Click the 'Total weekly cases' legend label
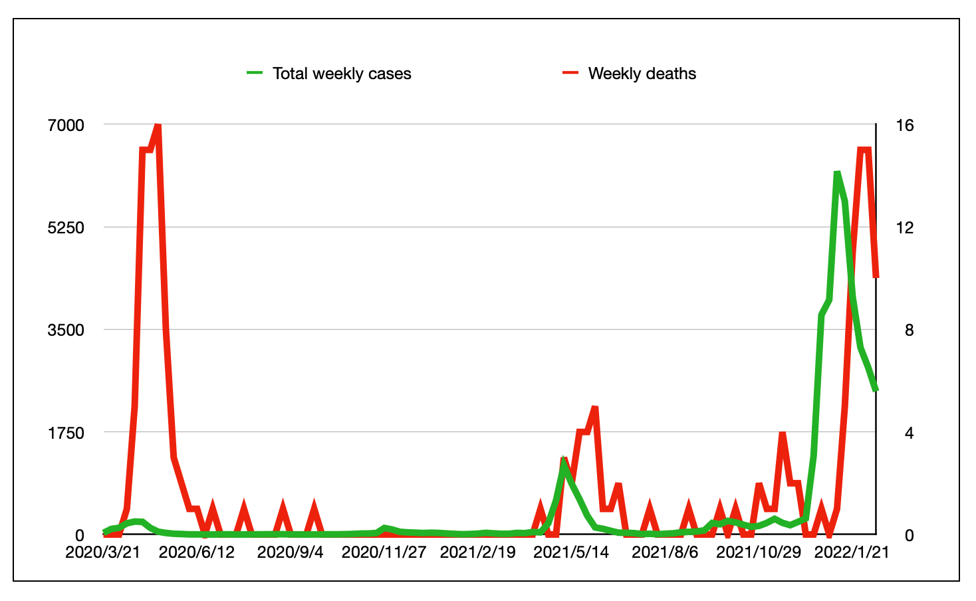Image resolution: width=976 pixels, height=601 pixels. click(x=342, y=74)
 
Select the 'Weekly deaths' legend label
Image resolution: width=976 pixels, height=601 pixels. click(x=642, y=74)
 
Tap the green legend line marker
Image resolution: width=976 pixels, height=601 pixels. click(x=255, y=73)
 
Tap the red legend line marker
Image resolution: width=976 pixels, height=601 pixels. click(x=571, y=73)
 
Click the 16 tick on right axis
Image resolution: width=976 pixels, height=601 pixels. click(x=905, y=125)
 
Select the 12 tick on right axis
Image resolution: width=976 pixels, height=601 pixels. click(x=905, y=227)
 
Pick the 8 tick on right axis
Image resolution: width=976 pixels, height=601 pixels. click(x=905, y=330)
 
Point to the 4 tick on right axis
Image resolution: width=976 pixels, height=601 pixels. click(x=905, y=433)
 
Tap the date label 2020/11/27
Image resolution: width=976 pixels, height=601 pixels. click(x=384, y=552)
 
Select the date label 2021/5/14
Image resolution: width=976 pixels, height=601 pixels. click(x=571, y=552)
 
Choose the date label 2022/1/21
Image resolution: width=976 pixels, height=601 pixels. click(x=852, y=552)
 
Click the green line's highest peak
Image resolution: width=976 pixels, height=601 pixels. click(x=837, y=173)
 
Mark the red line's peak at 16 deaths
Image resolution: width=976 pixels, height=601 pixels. click(x=158, y=125)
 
